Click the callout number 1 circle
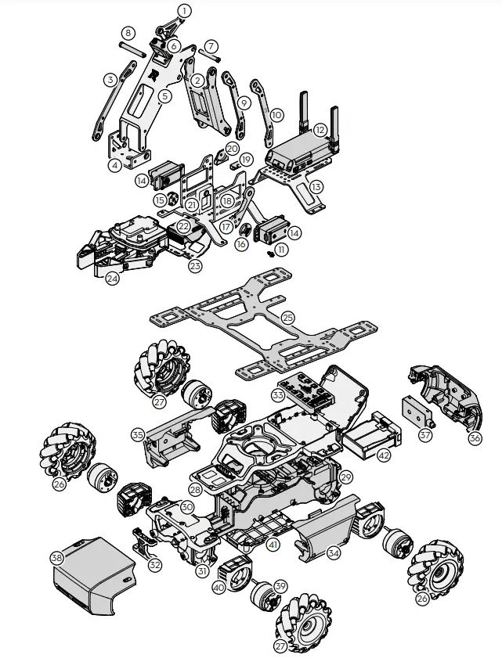coord(184,10)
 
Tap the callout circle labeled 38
coord(56,559)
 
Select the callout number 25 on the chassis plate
coord(287,318)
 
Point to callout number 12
coord(320,129)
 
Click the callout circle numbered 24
coord(113,278)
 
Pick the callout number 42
coord(384,454)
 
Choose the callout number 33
coord(276,396)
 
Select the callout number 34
coord(334,553)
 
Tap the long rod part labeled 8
coord(131,47)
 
